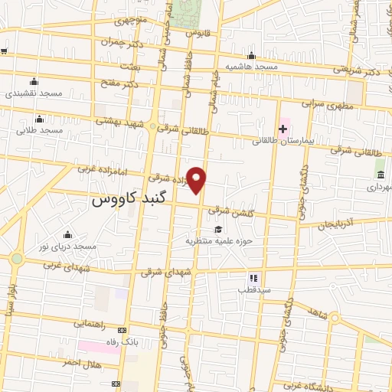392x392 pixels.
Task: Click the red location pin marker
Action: click(197, 180)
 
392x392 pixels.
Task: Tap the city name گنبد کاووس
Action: click(129, 201)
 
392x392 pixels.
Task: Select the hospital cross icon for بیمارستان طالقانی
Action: click(283, 129)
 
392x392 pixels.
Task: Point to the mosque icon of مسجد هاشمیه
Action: click(252, 55)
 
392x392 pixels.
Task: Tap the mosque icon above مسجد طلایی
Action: click(39, 119)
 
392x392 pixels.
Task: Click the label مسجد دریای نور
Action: click(69, 247)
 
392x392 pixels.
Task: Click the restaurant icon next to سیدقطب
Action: click(253, 278)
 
